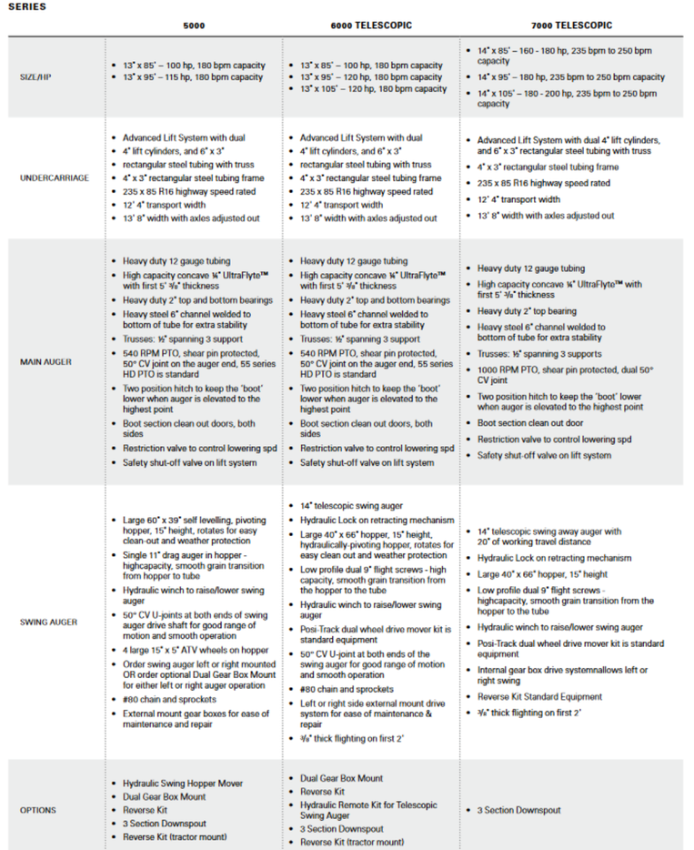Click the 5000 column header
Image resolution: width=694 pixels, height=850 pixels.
click(x=193, y=25)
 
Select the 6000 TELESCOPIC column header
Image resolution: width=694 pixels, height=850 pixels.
click(x=372, y=25)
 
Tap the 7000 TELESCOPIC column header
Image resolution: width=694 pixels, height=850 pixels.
click(x=572, y=25)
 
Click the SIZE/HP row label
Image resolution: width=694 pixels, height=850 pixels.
click(x=37, y=77)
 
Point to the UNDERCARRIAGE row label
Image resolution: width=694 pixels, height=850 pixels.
click(x=54, y=178)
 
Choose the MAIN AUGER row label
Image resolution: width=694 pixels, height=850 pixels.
click(x=45, y=361)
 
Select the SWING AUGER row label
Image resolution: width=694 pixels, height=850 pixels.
click(x=47, y=622)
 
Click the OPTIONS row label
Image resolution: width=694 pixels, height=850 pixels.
click(x=37, y=810)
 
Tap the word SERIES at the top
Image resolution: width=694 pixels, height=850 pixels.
click(x=25, y=6)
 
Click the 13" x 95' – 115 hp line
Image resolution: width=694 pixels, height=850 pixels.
click(x=193, y=77)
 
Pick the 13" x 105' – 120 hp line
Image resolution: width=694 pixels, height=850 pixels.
click(x=373, y=89)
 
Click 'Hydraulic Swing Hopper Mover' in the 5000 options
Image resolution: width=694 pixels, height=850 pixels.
click(x=183, y=783)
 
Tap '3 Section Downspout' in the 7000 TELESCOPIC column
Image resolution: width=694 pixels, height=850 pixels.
click(x=519, y=810)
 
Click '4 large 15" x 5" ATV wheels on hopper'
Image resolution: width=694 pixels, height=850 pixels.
click(x=195, y=650)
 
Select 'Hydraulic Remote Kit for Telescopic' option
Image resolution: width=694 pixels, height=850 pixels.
click(x=368, y=804)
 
